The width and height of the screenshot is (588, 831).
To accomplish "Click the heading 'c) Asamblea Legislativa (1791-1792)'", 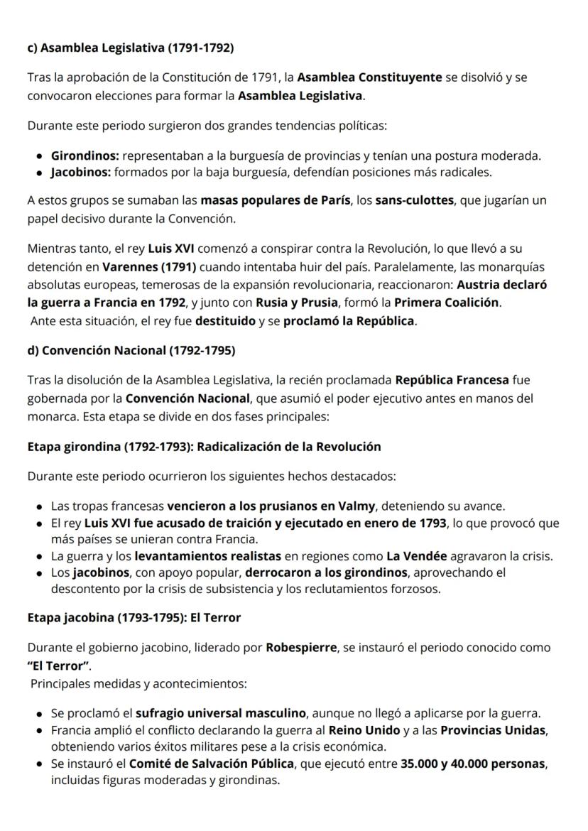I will coord(130,48).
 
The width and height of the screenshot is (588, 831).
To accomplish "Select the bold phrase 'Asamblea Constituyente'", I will coord(369,77).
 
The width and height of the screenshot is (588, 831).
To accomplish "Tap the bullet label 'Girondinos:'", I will coord(85,155).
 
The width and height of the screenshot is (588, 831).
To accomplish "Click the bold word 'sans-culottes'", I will coord(415,201).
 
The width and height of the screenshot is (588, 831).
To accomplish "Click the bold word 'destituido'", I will coord(225,320).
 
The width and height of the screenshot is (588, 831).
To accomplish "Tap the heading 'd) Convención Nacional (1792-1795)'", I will coord(131,350).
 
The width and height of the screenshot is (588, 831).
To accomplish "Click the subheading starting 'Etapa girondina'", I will coord(204,447).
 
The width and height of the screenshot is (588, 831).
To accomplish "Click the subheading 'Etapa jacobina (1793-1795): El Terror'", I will coord(134,618).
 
